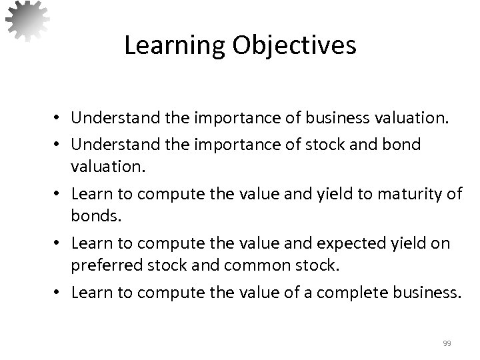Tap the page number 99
(x=447, y=343)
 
